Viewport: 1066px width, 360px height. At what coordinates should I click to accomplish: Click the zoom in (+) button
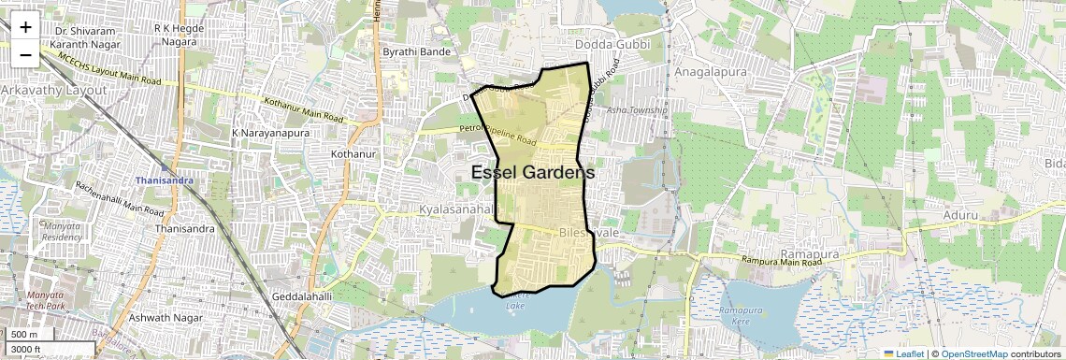click(25, 27)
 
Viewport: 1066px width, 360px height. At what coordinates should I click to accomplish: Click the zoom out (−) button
click(25, 54)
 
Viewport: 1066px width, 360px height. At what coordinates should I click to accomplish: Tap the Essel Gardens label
click(533, 173)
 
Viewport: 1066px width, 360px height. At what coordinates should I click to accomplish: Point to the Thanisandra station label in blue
click(163, 180)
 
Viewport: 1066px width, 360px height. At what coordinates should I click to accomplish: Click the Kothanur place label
click(353, 152)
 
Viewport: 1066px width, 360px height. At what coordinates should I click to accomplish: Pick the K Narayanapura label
click(270, 133)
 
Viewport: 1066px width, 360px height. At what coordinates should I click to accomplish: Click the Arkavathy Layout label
click(53, 90)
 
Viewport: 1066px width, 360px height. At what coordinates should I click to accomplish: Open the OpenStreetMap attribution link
click(973, 354)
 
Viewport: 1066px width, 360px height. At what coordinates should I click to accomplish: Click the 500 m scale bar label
click(24, 335)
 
